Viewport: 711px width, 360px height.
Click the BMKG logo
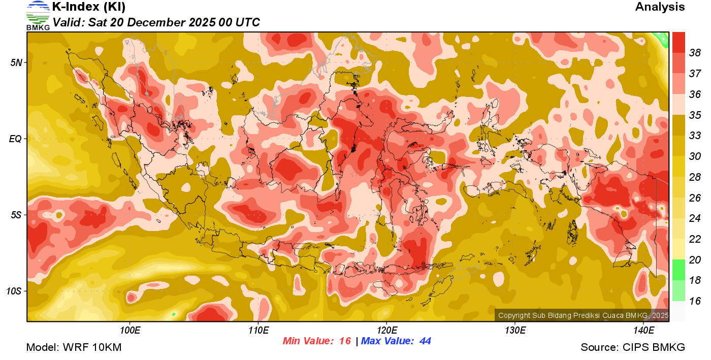coord(38,16)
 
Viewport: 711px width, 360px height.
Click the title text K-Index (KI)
coord(89,7)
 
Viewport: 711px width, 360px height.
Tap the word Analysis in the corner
coord(660,7)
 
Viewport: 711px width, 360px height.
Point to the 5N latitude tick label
coord(16,62)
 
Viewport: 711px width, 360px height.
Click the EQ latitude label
coord(16,139)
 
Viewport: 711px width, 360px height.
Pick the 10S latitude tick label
coord(15,291)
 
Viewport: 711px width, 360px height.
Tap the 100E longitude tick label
coord(130,331)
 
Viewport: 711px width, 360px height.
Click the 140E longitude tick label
coord(643,331)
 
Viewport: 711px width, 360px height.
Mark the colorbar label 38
coord(695,53)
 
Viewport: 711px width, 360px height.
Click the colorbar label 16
coord(695,301)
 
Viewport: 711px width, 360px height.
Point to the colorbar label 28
coord(695,177)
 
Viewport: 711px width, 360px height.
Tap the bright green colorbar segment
coord(678,270)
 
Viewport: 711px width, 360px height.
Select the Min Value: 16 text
coord(317,341)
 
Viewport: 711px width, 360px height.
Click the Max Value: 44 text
coord(396,341)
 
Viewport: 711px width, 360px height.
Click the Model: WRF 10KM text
coord(74,348)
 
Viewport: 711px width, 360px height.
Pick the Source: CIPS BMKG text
coord(633,348)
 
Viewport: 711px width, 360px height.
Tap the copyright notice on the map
coord(583,315)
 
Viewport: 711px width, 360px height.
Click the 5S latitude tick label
coord(16,215)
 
